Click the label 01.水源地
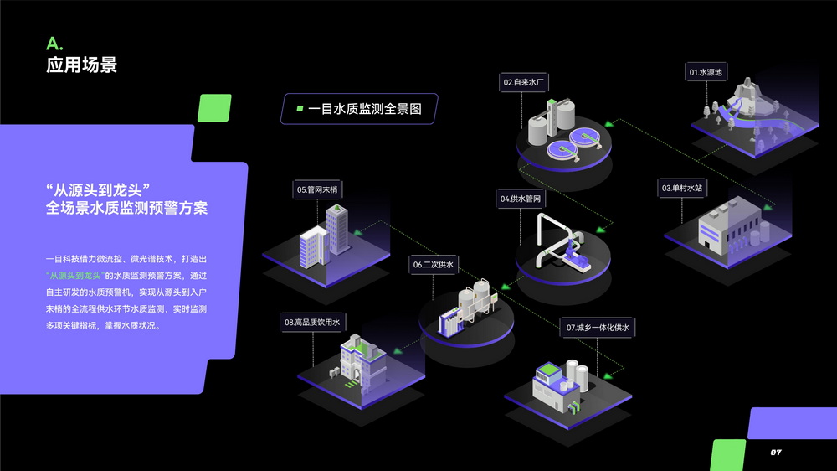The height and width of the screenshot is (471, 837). (706, 73)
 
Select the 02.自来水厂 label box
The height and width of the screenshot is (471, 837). (524, 82)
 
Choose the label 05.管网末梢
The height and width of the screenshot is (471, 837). (316, 190)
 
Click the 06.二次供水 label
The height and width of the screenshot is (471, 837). (433, 264)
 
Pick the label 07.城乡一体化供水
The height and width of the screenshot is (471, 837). (597, 327)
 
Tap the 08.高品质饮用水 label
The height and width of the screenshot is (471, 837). (311, 322)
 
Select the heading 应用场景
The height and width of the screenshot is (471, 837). (81, 65)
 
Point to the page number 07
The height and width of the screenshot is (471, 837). (776, 453)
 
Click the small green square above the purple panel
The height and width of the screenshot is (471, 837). (213, 107)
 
